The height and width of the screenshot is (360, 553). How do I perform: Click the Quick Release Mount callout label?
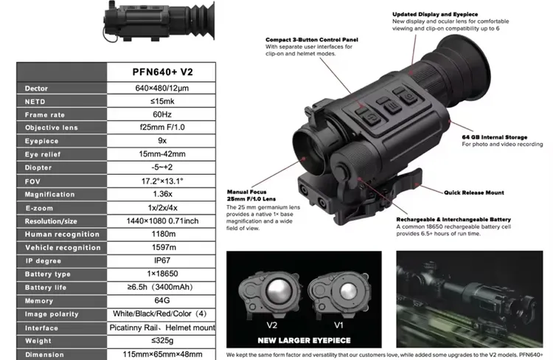tap(474, 193)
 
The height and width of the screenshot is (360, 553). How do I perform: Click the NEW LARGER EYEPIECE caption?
tap(303, 340)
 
